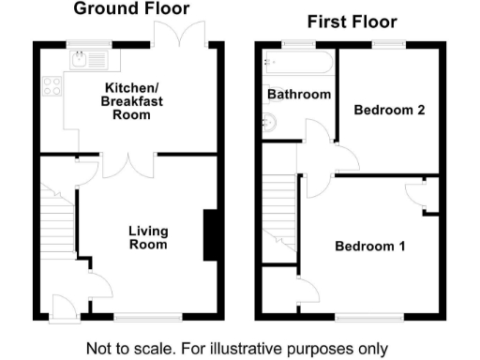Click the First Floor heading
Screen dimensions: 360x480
[352, 22]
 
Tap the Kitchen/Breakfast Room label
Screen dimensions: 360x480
[129, 102]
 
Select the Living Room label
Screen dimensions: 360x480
[148, 237]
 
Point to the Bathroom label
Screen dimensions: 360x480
[299, 95]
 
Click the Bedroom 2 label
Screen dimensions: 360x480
[389, 110]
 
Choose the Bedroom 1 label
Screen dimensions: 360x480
[370, 247]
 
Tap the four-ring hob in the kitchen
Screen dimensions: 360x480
[51, 92]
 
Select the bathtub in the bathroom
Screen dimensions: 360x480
[297, 63]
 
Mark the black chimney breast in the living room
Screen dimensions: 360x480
[212, 234]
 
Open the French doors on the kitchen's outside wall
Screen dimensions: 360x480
[182, 36]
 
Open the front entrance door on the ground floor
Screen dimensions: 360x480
[67, 306]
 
